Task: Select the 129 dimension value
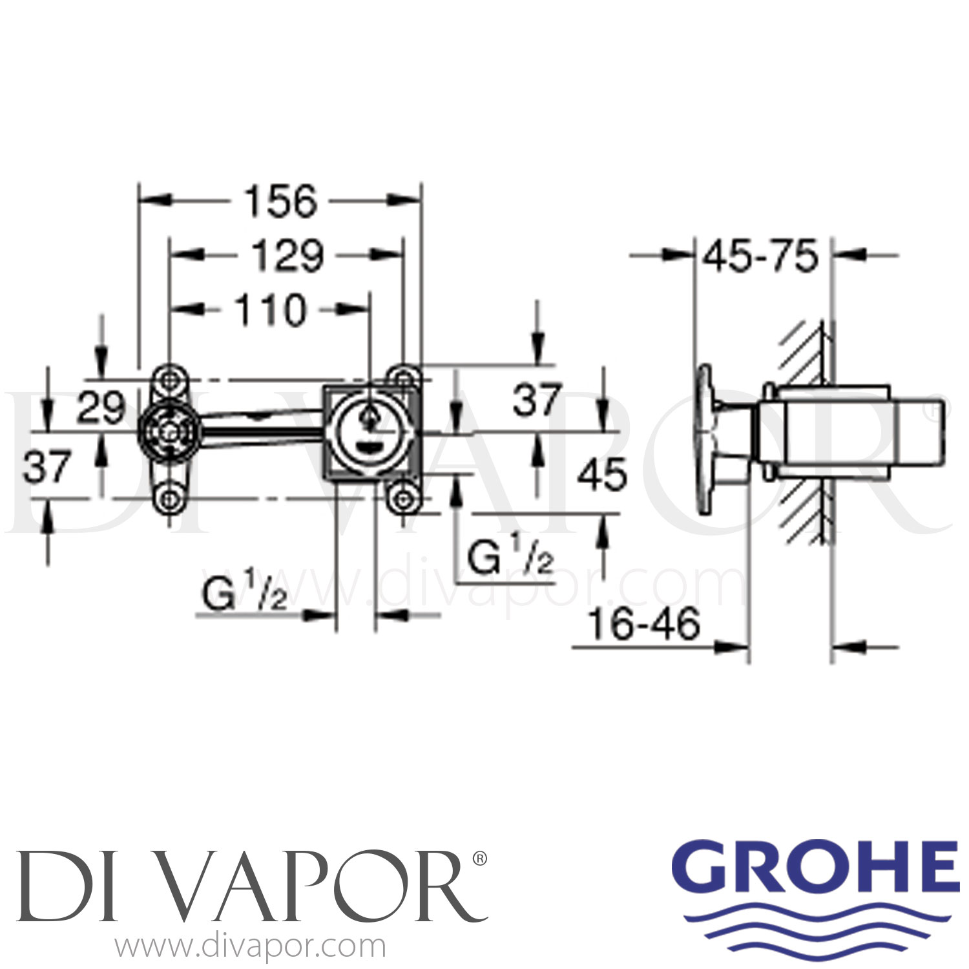(x=287, y=256)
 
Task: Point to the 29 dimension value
(x=101, y=408)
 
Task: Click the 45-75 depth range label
(x=761, y=257)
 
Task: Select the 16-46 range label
(x=645, y=625)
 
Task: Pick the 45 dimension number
(x=601, y=475)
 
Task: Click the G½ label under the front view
(x=244, y=596)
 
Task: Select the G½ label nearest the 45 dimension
(x=510, y=559)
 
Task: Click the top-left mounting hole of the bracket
(x=170, y=379)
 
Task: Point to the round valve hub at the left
(x=170, y=432)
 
